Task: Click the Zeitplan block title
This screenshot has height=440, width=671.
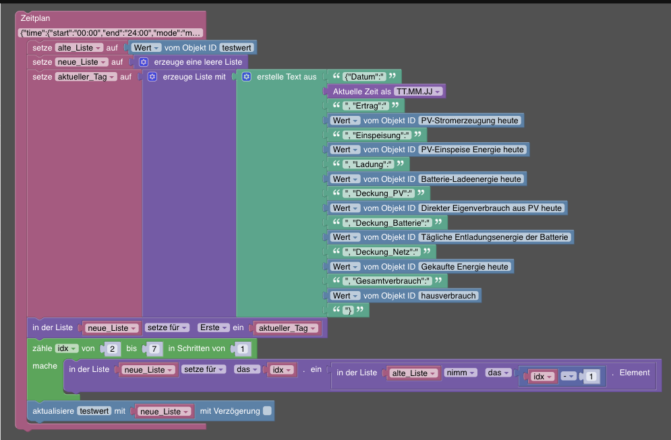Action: [35, 18]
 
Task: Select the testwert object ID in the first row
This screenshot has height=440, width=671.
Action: [237, 48]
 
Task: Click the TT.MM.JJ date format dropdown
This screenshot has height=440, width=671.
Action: [418, 92]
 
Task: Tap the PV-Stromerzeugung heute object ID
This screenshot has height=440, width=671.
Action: [469, 121]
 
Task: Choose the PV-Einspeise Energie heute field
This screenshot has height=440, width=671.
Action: [471, 150]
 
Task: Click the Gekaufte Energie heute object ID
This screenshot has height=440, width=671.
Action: [465, 267]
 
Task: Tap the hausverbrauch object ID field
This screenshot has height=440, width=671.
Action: [448, 296]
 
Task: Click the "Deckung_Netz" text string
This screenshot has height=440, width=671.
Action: [381, 252]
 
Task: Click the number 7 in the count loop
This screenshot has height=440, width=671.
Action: [153, 349]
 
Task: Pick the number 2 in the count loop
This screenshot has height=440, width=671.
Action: [111, 349]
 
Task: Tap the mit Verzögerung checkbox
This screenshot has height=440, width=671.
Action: [268, 410]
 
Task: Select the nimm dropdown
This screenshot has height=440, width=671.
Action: [461, 373]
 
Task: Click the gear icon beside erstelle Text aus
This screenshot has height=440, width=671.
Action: [246, 77]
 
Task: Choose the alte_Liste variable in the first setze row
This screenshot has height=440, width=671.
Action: [79, 48]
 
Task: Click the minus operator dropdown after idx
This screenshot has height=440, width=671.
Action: [568, 377]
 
